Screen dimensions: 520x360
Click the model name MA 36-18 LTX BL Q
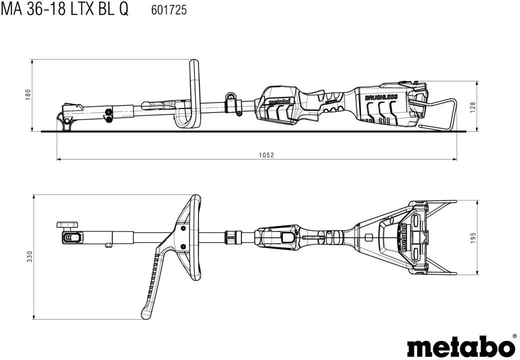click(64, 9)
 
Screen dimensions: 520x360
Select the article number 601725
click(169, 10)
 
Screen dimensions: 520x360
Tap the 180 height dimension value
click(28, 95)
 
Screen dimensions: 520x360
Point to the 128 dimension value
click(473, 107)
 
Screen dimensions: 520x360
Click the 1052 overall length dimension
click(266, 155)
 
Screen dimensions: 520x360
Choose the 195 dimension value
click(473, 237)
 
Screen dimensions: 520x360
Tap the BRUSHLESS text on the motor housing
click(381, 97)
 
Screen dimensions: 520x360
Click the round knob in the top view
click(67, 225)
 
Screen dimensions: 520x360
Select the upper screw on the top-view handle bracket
click(182, 228)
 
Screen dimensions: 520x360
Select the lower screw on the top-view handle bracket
click(182, 246)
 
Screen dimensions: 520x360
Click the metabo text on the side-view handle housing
click(279, 101)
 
